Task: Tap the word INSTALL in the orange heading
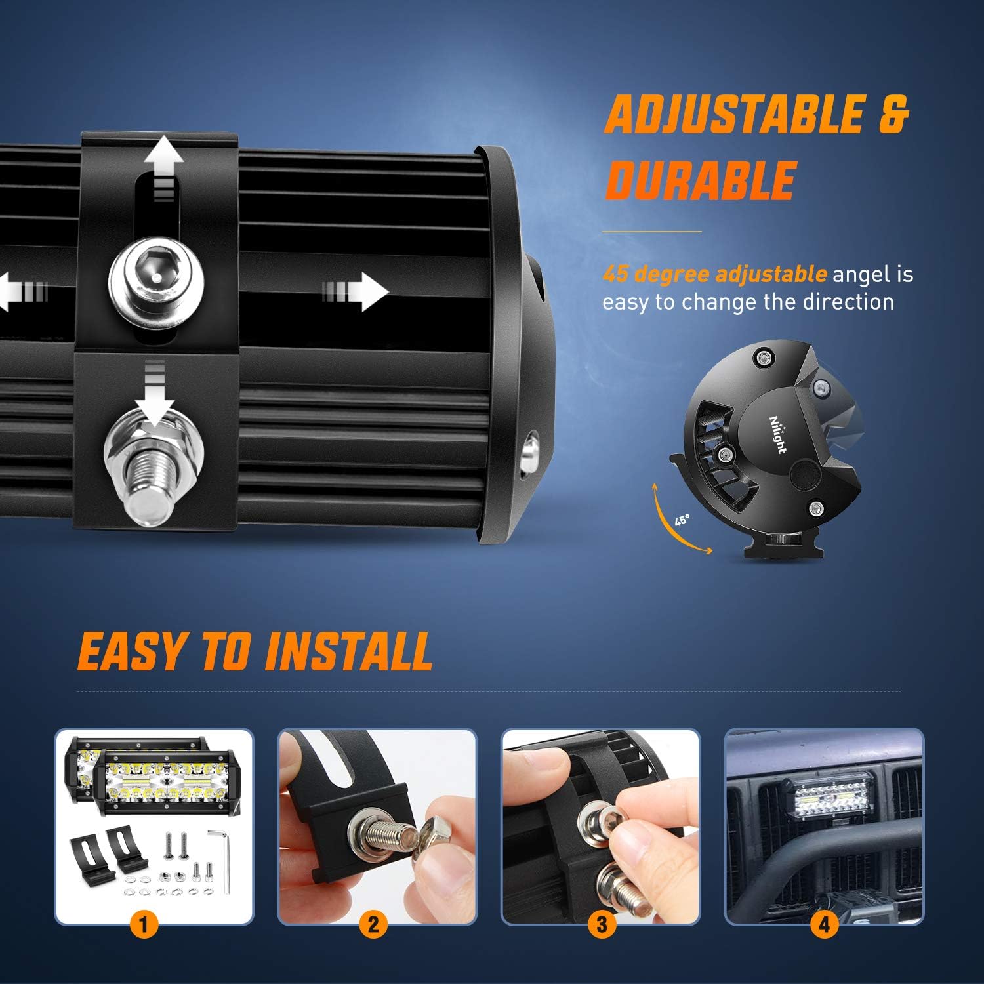[348, 653]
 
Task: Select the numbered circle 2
[373, 926]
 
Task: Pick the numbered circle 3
[601, 926]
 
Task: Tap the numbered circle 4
[824, 926]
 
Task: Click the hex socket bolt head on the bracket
[156, 277]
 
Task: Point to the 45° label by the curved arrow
[682, 520]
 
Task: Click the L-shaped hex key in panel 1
[222, 859]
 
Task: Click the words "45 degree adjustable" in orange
[714, 274]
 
